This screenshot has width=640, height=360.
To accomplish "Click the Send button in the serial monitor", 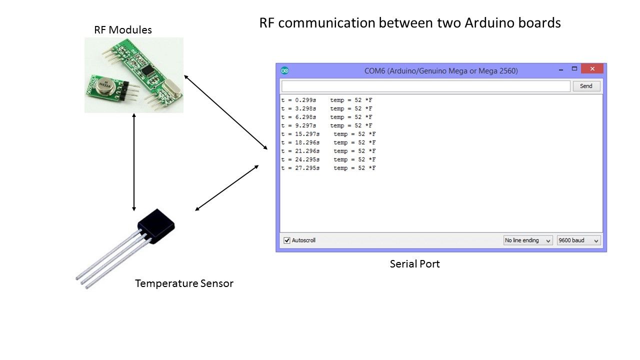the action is tap(586, 86).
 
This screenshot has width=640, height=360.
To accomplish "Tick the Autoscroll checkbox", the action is tap(287, 240).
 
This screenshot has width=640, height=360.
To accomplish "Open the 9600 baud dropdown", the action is tap(578, 240).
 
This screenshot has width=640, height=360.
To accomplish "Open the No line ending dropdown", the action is tap(527, 240).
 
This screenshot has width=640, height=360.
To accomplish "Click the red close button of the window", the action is tap(592, 69).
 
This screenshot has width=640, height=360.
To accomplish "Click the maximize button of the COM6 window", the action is tap(574, 69).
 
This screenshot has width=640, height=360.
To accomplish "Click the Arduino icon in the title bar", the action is tap(285, 70).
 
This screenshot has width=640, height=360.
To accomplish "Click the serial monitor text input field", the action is tap(425, 86).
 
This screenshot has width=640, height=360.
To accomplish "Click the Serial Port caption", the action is tap(414, 264).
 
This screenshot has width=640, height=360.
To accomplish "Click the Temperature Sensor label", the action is tap(184, 284).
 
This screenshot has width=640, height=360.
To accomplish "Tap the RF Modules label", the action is tap(123, 30).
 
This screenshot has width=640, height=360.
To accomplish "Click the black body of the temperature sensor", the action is tap(156, 225).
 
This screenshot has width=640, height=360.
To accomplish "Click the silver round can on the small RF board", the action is tap(106, 87).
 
